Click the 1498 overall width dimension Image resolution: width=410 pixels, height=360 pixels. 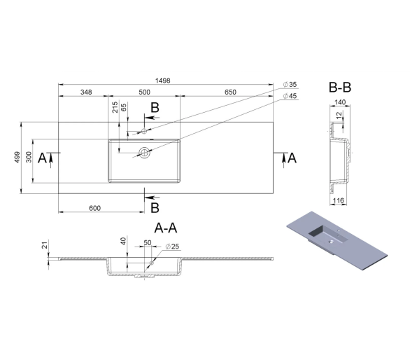point(162,81)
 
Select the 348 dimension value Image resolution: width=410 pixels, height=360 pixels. point(86,92)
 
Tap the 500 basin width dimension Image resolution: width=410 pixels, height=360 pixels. point(144,92)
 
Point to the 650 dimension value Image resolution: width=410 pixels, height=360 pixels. point(230,92)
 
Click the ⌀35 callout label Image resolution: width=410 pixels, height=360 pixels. point(290,85)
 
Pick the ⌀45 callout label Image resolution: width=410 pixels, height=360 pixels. point(290,96)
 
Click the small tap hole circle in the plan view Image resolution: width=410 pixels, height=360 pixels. point(144,131)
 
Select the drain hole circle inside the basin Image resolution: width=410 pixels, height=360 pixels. point(144,153)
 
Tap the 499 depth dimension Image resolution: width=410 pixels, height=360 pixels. point(17,157)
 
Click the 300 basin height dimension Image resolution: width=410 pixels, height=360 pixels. point(29,157)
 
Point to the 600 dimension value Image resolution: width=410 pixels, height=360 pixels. point(94,208)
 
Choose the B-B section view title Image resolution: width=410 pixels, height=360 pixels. point(339,88)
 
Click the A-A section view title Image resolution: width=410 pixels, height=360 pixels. point(166,228)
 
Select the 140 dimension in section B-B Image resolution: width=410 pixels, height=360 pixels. point(340,102)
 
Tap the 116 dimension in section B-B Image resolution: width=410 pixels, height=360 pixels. point(339,201)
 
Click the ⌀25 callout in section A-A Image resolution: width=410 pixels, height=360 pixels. point(172,247)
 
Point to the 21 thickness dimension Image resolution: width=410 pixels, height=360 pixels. point(45,245)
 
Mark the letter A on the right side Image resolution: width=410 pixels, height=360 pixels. point(292,158)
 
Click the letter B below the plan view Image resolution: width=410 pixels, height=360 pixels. point(155,208)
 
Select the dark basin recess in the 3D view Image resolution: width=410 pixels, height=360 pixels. point(317,233)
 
